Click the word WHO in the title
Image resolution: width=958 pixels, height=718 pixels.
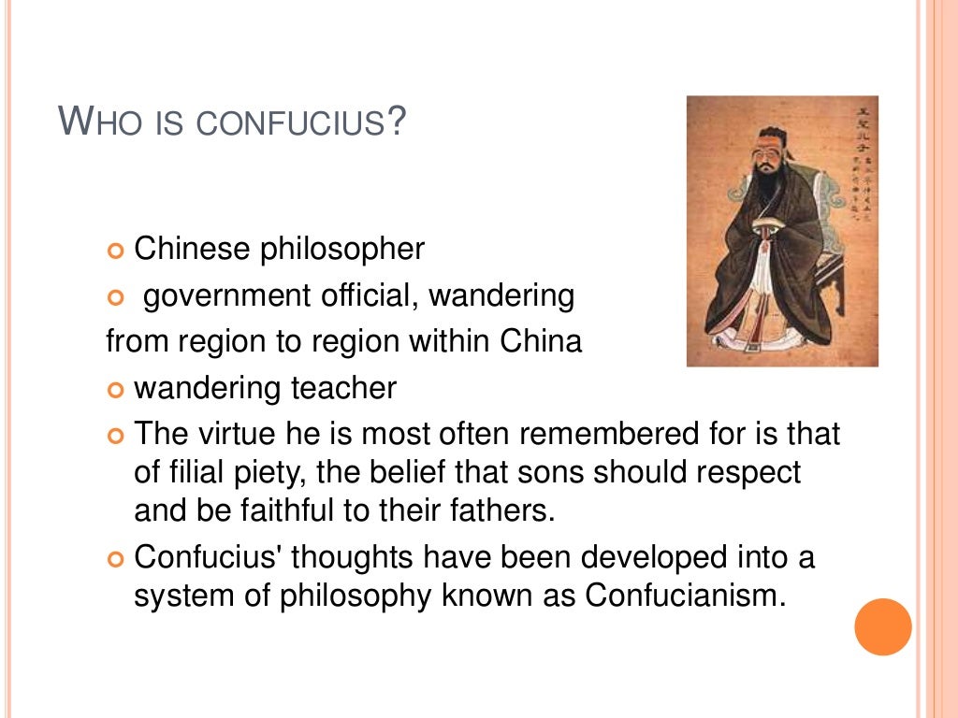pyautogui.click(x=94, y=122)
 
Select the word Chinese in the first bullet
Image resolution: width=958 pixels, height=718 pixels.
pyautogui.click(x=193, y=250)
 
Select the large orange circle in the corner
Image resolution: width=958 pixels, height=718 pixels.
pyautogui.click(x=882, y=627)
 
